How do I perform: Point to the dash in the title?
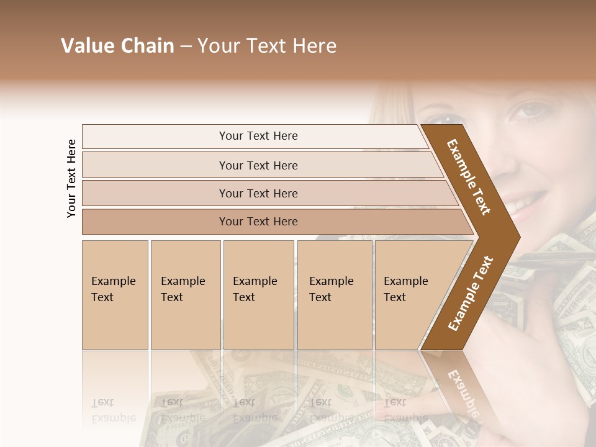pyautogui.click(x=185, y=47)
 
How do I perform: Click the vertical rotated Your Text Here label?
pyautogui.click(x=71, y=178)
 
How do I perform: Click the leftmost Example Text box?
pyautogui.click(x=115, y=295)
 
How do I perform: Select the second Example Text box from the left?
pyautogui.click(x=186, y=295)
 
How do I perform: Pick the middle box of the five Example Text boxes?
pyautogui.click(x=258, y=295)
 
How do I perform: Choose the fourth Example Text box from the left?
pyautogui.click(x=335, y=295)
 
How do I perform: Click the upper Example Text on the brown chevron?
pyautogui.click(x=469, y=176)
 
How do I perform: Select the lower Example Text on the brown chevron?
pyautogui.click(x=470, y=294)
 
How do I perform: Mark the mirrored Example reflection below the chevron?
pyautogui.click(x=463, y=388)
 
